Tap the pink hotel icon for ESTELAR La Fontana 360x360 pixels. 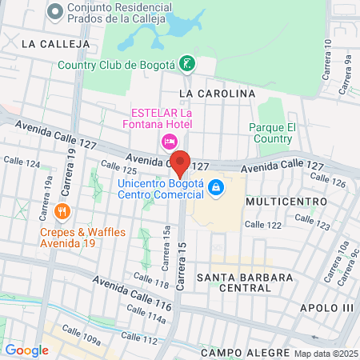pyautogui.click(x=169, y=142)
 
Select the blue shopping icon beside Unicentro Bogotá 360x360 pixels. pyautogui.click(x=214, y=188)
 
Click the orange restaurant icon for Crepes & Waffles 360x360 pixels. pyautogui.click(x=62, y=212)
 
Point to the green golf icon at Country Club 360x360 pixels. pyautogui.click(x=186, y=63)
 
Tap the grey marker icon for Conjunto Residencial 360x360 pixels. pyautogui.click(x=55, y=11)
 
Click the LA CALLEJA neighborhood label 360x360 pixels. pyautogui.click(x=50, y=42)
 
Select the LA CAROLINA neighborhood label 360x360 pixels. pyautogui.click(x=217, y=94)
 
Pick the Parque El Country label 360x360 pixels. pyautogui.click(x=273, y=133)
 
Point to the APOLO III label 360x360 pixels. pyautogui.click(x=326, y=308)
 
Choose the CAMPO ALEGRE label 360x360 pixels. pyautogui.click(x=244, y=353)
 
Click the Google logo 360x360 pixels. pyautogui.click(x=26, y=350)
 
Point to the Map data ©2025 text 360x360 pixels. pyautogui.click(x=325, y=354)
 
